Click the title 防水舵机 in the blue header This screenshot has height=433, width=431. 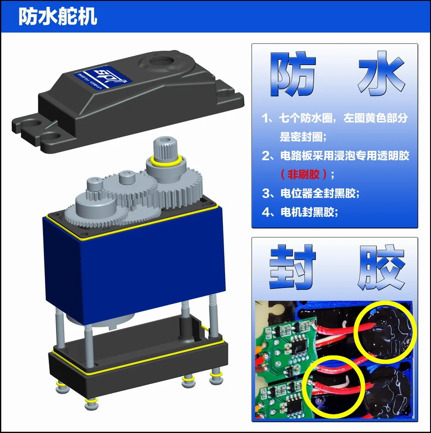point(58,17)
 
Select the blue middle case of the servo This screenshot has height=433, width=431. point(134,263)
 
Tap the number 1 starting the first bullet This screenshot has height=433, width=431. point(266,119)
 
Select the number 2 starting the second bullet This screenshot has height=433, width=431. point(266,155)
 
